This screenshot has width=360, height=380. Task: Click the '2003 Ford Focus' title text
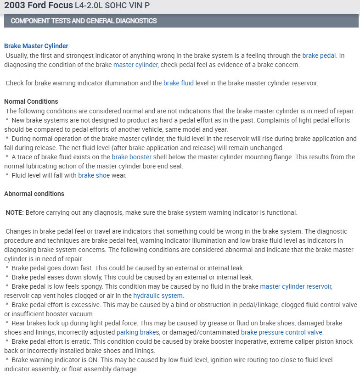tap(38, 6)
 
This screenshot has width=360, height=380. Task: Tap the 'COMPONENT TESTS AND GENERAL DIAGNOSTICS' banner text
tap(84, 21)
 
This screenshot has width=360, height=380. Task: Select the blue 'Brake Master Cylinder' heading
tap(36, 46)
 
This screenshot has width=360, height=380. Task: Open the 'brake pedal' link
tap(319, 56)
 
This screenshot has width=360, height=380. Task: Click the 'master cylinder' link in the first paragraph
tap(135, 65)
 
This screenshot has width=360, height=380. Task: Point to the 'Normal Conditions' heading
tap(31, 101)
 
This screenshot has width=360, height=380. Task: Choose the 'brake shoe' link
tap(94, 175)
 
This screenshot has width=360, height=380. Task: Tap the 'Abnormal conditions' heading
tap(34, 194)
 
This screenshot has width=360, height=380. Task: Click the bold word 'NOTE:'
tap(15, 212)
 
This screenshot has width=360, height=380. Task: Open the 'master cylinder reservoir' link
tap(296, 286)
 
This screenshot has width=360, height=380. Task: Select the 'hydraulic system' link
tap(158, 296)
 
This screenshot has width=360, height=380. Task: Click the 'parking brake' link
tap(135, 332)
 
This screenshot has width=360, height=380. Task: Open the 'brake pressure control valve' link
tap(281, 332)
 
